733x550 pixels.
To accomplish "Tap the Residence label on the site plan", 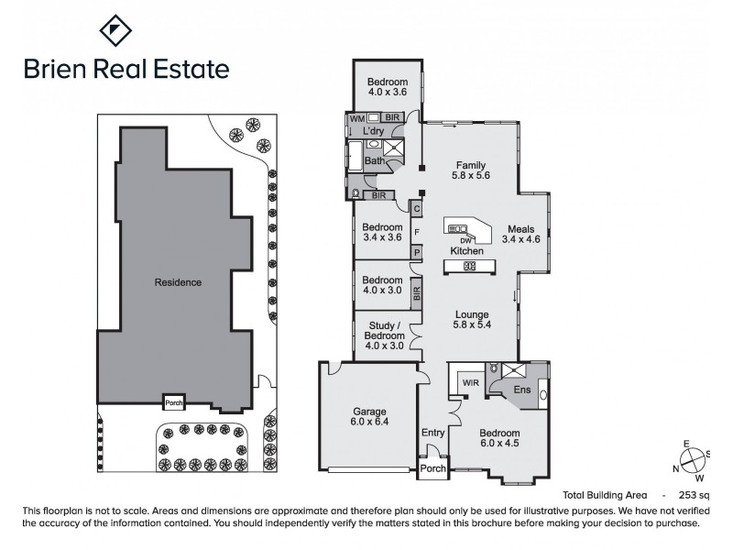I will pos(178,282).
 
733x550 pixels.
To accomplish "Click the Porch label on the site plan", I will pos(174,401).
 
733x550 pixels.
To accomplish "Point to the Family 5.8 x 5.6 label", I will pos(471,171).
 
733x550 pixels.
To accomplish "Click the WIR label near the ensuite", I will pos(471,382).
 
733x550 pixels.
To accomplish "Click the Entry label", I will pos(432,433).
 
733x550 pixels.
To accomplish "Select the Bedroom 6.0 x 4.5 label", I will pos(498,439).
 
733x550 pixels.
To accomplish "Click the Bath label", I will pos(374,161).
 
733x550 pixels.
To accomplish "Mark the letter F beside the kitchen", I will pos(417,231).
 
